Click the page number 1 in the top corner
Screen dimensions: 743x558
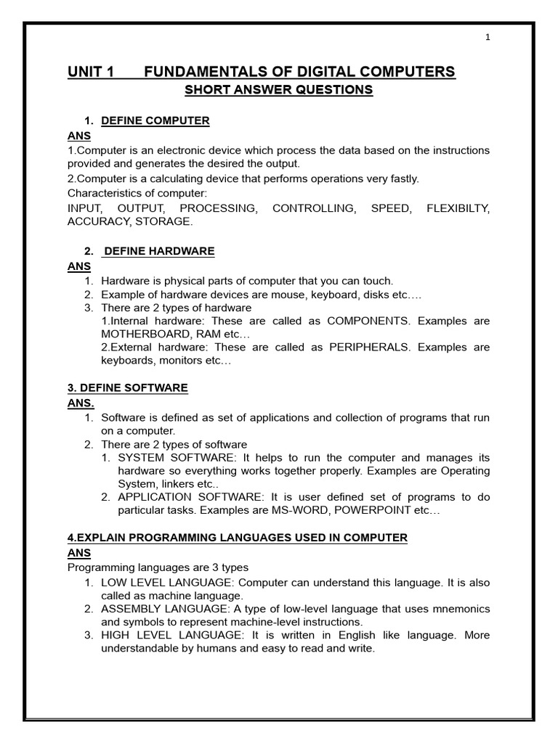488,38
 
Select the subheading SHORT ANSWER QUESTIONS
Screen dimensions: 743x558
278,90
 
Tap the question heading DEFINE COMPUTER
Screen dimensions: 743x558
155,121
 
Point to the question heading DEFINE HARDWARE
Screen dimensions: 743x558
159,251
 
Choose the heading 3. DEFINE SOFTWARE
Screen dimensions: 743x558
128,388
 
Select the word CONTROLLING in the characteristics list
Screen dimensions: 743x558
314,209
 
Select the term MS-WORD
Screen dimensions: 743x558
328,510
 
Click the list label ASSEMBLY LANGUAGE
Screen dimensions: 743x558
163,609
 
